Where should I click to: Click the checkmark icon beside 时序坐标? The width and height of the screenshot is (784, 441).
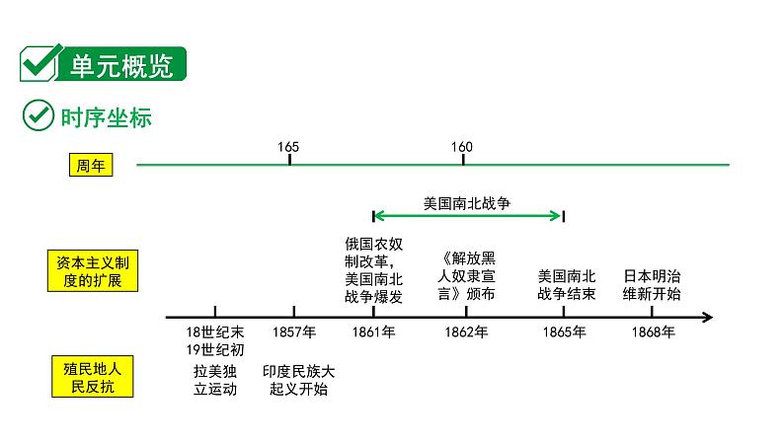click(37, 115)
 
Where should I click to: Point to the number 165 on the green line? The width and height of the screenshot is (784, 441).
click(288, 147)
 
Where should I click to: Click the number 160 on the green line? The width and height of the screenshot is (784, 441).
click(461, 147)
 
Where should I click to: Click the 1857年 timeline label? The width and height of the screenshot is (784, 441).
click(294, 332)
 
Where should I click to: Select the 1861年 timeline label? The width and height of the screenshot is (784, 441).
click(373, 332)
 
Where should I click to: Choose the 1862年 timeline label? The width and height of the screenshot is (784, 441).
click(466, 332)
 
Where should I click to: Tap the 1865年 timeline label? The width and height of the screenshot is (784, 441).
click(564, 332)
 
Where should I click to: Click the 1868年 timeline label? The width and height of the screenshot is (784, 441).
click(653, 332)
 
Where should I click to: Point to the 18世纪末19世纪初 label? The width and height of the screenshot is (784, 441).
click(216, 340)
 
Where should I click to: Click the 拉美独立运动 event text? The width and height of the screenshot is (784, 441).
click(216, 380)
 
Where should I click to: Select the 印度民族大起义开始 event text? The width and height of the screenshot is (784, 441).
click(299, 380)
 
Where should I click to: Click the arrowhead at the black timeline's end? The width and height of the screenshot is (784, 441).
click(707, 318)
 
